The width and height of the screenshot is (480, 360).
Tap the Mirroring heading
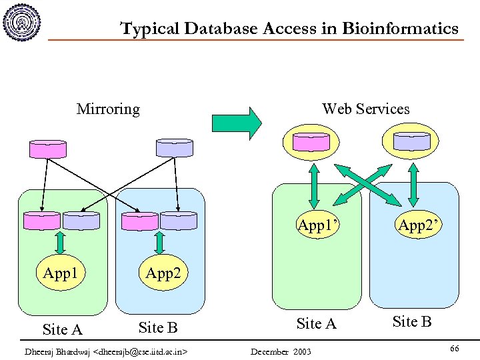coord(108,109)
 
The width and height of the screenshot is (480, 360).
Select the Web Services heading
coord(365,109)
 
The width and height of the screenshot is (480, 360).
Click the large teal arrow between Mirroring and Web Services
coord(237,123)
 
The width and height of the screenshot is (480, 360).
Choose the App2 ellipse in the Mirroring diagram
coord(163,273)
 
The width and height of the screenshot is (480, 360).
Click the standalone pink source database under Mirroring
coord(48,149)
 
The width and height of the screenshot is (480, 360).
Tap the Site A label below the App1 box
coord(62,329)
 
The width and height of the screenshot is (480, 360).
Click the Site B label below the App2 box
coord(157,327)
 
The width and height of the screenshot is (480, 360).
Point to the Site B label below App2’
coord(412,322)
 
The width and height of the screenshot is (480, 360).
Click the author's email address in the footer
coord(142,351)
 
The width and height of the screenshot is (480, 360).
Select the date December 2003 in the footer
coord(279,351)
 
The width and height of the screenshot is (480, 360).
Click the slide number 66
coord(454,349)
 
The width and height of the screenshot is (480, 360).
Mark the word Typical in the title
coord(149,29)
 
